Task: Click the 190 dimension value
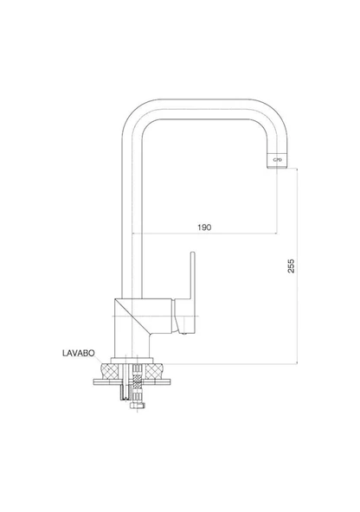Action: pos(204,227)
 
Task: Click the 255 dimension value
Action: pos(291,266)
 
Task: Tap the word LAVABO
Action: pos(79,353)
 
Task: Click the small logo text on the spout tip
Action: pos(277,160)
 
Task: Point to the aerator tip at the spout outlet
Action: pos(277,160)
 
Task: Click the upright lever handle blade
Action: pos(192,275)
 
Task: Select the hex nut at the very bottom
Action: pos(138,406)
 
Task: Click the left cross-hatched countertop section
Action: pos(111,371)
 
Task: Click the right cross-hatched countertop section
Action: pos(154,371)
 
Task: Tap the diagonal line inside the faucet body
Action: pos(132,317)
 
